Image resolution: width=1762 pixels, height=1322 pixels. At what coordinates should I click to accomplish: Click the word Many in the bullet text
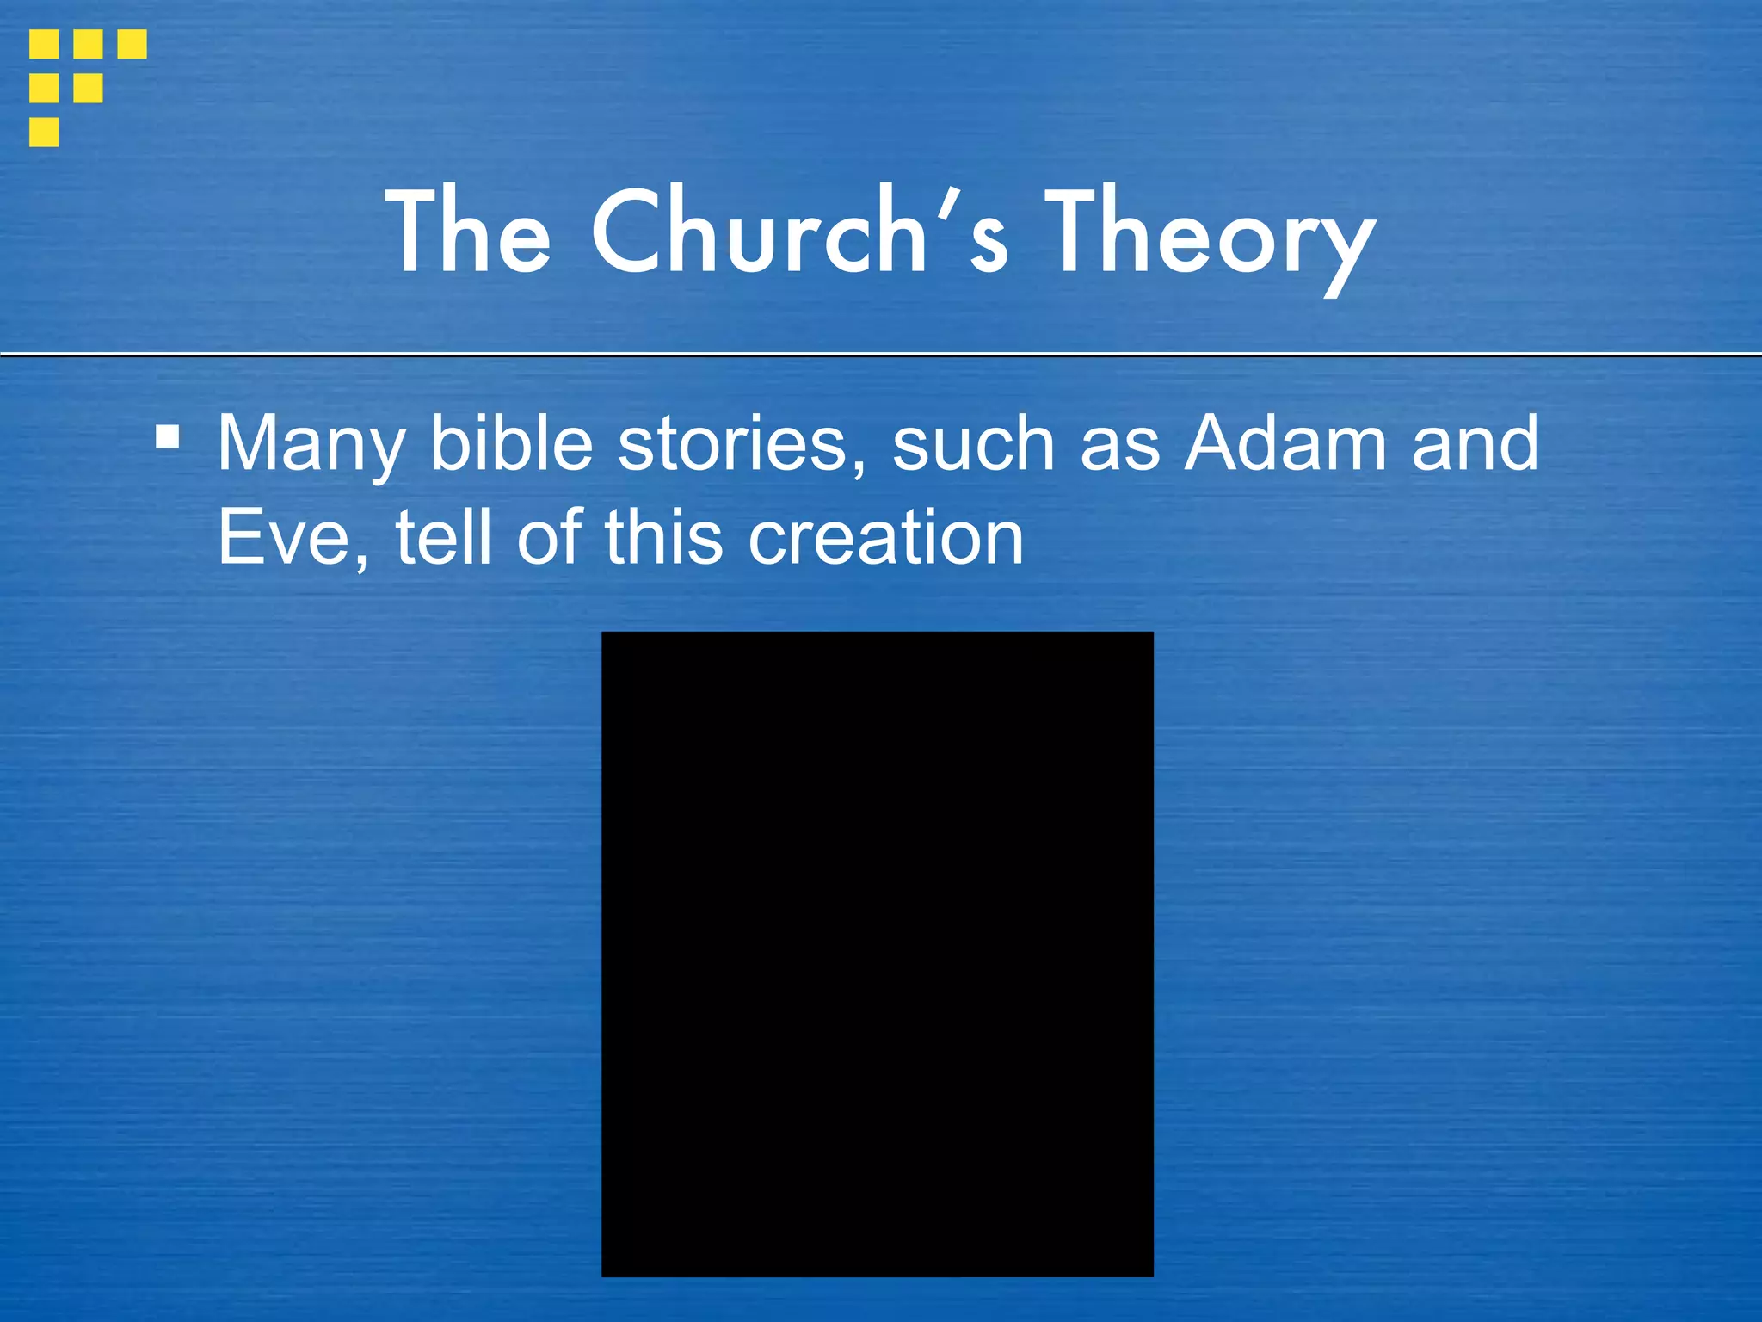[311, 444]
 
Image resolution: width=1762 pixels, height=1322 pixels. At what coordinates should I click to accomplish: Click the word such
[973, 444]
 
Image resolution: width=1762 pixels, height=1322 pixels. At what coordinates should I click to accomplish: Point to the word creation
[885, 539]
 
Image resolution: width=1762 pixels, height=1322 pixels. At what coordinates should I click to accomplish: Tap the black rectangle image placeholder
[877, 954]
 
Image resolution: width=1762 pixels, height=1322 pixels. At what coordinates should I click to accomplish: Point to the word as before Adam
[1119, 446]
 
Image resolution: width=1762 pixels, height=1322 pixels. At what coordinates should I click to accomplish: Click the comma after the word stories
[858, 466]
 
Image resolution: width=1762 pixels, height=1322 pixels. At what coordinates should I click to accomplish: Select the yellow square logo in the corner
[86, 87]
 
